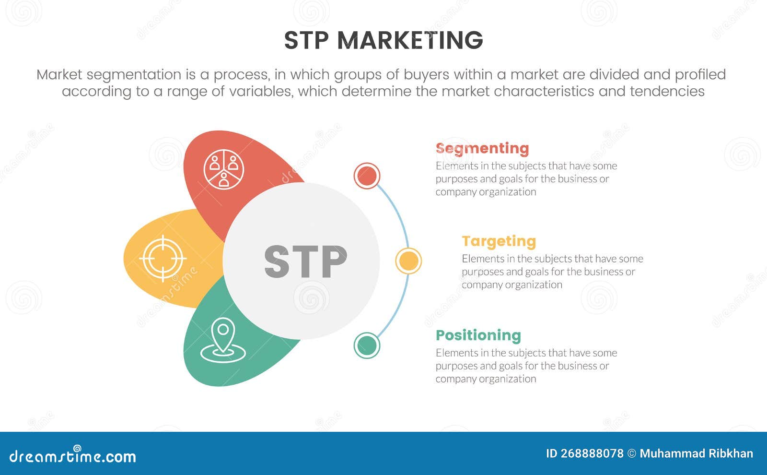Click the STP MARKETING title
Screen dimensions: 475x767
[383, 40]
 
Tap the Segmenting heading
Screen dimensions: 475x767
[482, 149]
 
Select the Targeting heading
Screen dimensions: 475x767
[499, 241]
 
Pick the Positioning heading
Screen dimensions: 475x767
[478, 335]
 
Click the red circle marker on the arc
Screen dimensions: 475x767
[367, 176]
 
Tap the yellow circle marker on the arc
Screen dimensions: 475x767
[408, 261]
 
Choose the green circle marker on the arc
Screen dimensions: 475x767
[367, 345]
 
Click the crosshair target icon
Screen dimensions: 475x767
[163, 259]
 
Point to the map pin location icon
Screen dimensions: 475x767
[223, 340]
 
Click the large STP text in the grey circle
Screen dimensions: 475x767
[305, 261]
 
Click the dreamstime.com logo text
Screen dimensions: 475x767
[73, 456]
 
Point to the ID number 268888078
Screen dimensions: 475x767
[585, 454]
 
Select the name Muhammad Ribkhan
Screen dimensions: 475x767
[696, 454]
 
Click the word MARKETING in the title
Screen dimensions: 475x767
[410, 40]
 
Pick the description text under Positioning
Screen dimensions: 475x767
[526, 366]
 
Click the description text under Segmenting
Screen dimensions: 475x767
[526, 178]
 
